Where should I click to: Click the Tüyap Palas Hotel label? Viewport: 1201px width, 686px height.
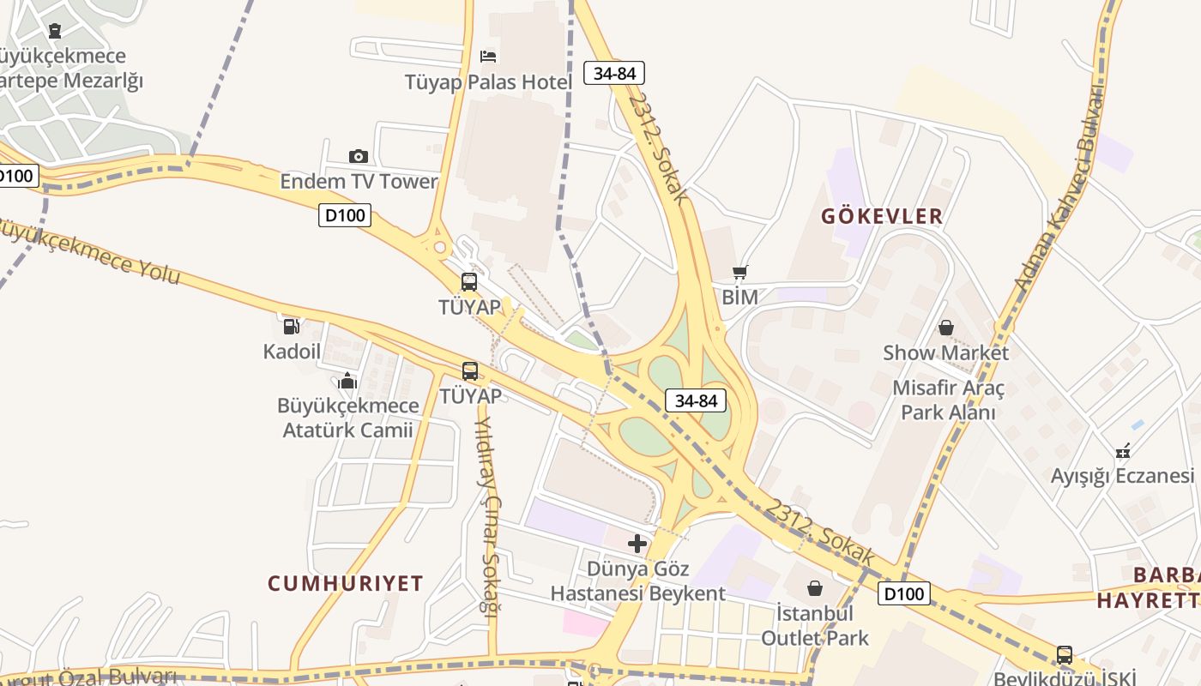(488, 81)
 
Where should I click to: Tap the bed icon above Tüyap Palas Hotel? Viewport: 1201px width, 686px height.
(488, 57)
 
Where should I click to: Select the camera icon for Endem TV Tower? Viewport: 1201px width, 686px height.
(359, 156)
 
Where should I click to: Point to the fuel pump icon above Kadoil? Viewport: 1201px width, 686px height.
(292, 326)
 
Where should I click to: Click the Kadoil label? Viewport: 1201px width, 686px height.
(292, 352)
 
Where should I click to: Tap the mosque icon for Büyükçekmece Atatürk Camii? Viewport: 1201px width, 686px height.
(347, 380)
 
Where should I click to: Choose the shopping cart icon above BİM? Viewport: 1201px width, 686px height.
(740, 273)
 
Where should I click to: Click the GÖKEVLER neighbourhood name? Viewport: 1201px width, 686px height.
(882, 216)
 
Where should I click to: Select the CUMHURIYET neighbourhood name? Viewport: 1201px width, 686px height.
(346, 584)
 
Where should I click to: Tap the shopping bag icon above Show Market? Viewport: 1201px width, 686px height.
(946, 328)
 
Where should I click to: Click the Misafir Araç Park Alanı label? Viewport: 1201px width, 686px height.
(948, 400)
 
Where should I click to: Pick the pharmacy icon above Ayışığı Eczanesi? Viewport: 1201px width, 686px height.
(1123, 450)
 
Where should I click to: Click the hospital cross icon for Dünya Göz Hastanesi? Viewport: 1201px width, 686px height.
(637, 544)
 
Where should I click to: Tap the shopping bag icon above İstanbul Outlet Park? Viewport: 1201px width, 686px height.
(815, 588)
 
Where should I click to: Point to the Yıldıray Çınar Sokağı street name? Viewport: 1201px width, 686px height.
(487, 514)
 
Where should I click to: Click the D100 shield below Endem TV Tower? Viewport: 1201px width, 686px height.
(345, 214)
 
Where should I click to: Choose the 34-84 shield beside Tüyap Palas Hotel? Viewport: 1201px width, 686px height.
(614, 74)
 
